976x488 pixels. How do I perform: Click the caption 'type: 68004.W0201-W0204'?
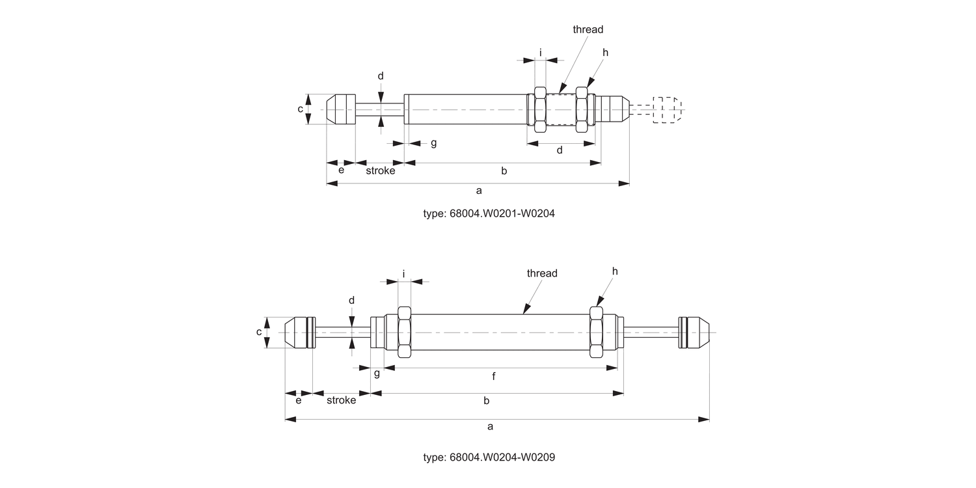tap(489, 213)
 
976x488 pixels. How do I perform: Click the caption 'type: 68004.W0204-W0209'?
tap(489, 457)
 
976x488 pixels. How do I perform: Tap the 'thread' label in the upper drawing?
tap(588, 29)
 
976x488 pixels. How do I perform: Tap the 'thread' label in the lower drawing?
tap(542, 273)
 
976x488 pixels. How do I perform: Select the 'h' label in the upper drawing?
tap(605, 52)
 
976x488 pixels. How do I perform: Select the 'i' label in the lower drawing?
tap(403, 274)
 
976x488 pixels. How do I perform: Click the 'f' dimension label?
tap(494, 376)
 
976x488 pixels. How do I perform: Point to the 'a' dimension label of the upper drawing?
tap(479, 191)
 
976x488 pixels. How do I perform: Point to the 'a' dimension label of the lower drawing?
tap(490, 426)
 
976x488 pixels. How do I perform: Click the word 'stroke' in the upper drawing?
tap(380, 170)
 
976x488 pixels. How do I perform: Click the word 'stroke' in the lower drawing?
tap(341, 400)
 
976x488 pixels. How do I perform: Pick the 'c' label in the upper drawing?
tap(301, 109)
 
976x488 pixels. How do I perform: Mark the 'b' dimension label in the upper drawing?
tap(504, 170)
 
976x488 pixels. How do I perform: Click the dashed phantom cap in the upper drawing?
tap(666, 110)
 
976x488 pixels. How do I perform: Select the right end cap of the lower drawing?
tap(694, 332)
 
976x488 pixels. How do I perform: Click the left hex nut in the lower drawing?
tap(403, 332)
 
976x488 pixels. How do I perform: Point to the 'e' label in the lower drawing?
tap(299, 400)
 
